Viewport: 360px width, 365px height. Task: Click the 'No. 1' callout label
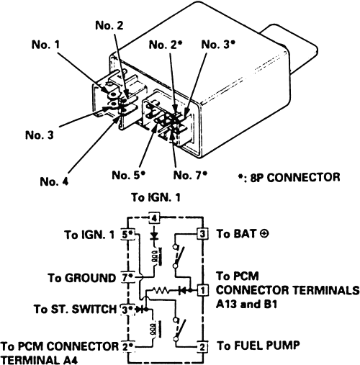tap(45, 45)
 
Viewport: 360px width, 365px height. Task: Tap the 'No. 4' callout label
tap(54, 181)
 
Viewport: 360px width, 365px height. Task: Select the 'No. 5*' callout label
tap(129, 175)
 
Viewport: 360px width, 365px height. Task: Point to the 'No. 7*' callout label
tap(190, 175)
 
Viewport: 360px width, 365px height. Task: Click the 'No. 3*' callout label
tap(218, 45)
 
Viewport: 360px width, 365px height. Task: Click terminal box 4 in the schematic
tap(154, 218)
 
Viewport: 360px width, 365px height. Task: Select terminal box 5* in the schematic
tap(127, 235)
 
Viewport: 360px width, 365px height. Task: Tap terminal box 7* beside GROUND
tap(127, 278)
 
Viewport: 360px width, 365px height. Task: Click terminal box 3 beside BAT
tap(202, 234)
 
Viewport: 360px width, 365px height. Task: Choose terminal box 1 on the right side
tap(203, 291)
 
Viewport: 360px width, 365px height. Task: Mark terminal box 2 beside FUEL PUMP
tap(203, 346)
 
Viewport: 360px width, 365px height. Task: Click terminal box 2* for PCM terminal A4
tap(127, 347)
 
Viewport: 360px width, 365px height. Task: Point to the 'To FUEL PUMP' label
tap(258, 346)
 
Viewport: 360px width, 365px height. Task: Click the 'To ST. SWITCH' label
tap(76, 309)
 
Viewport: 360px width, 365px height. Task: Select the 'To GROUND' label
tap(81, 278)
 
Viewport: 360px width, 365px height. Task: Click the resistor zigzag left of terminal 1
tap(161, 291)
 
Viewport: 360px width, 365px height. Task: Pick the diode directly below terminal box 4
tap(154, 235)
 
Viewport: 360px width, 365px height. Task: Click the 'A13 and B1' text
tap(247, 305)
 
